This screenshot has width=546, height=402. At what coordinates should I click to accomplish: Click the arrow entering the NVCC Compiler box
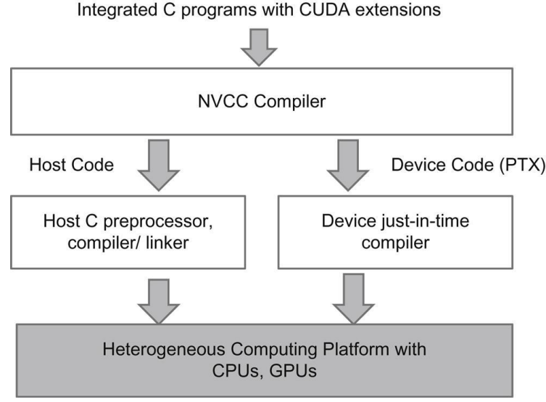tap(259, 47)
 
